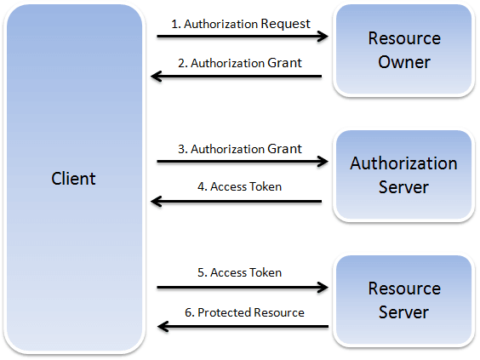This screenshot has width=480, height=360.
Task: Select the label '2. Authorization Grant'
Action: (x=239, y=63)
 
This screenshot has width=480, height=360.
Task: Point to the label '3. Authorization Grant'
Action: (x=239, y=149)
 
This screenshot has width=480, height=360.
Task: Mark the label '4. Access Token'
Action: (x=240, y=186)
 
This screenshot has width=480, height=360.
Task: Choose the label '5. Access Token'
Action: (x=239, y=273)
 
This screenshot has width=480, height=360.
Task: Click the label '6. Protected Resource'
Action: (x=243, y=312)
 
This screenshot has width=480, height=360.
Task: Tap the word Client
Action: (x=73, y=179)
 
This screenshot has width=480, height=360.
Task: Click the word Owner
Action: (x=404, y=62)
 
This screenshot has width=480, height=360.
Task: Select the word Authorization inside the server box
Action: (x=404, y=163)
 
